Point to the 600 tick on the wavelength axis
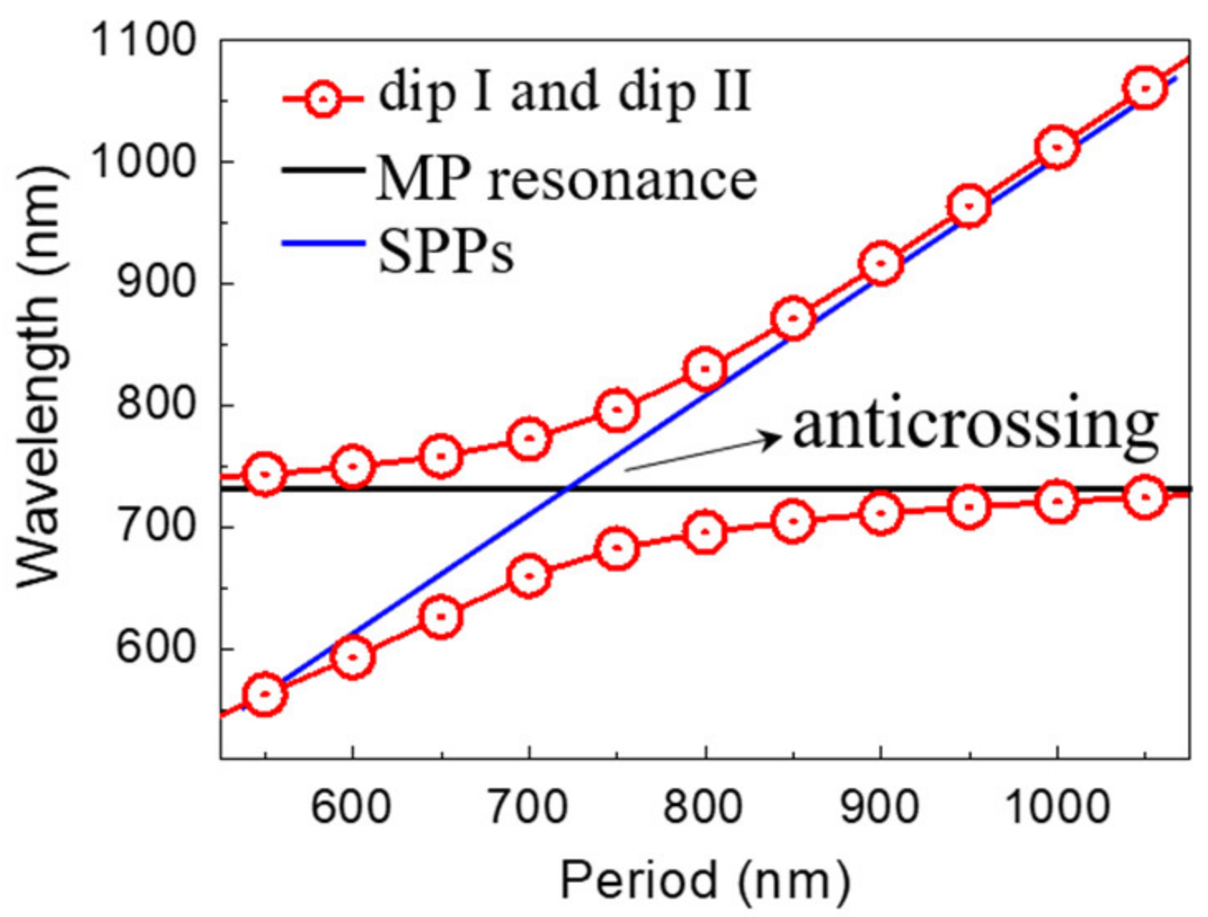coord(155,648)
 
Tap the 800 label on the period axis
coord(703,805)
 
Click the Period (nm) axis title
coord(705,880)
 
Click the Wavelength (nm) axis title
coord(41,376)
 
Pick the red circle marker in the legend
coord(323,100)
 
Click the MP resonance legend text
coord(566,178)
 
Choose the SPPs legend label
coord(446,250)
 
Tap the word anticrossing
coord(975,427)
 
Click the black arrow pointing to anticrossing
coord(702,454)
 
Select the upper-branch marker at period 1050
coord(1144,88)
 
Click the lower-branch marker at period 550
coord(264,695)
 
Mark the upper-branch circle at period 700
coord(529,438)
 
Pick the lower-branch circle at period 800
coord(705,532)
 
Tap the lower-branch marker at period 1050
coord(1144,497)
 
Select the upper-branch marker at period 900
coord(881,264)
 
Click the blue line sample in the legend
coord(323,244)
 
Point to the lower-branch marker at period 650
coord(440,616)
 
